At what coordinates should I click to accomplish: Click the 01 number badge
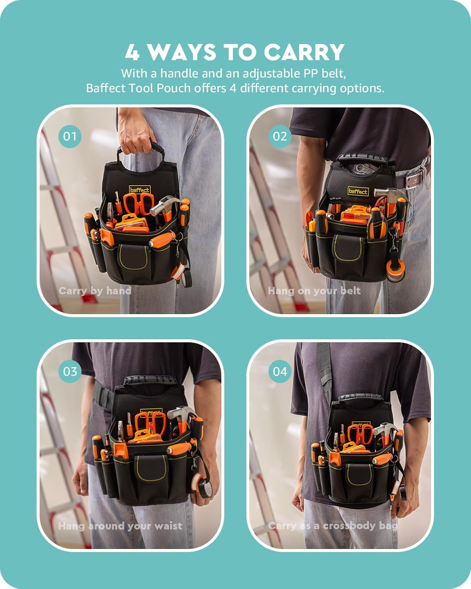pos(70,136)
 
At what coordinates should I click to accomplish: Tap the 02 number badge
pos(280,136)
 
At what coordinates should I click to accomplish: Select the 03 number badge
pos(70,371)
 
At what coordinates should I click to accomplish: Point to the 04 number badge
pos(280,371)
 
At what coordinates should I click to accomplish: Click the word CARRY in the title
pos(304,52)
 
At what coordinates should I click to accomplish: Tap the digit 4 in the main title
pos(132,52)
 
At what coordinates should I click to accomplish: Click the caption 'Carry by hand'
pos(95,291)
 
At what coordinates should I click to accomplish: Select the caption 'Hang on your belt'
pos(314,291)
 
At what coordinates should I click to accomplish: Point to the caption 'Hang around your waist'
pos(120,526)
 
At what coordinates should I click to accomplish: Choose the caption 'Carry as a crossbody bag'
pos(333,525)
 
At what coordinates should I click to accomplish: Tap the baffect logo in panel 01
pos(140,190)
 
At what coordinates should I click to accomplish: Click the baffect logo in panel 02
pos(358,191)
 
